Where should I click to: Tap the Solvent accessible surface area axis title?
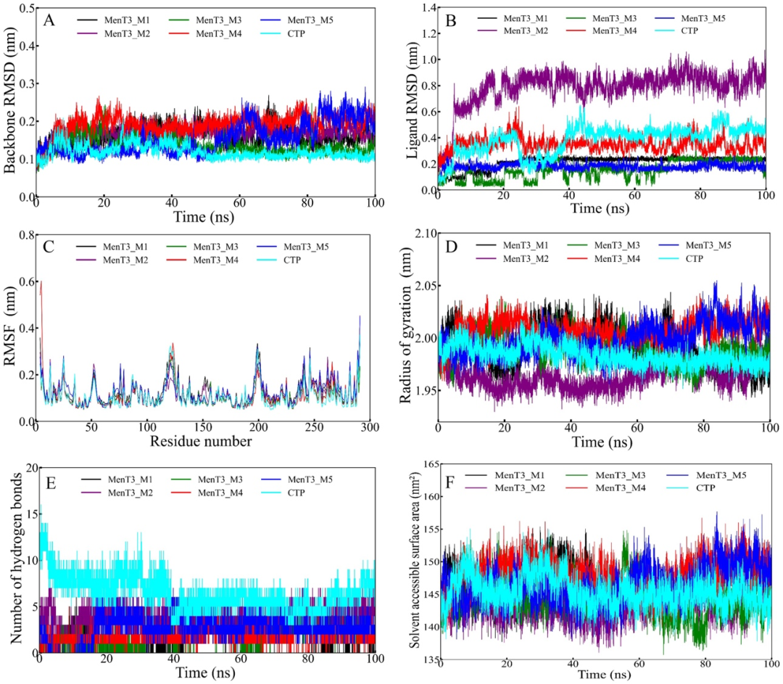(x=416, y=566)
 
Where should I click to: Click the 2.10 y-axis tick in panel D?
(x=423, y=234)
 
